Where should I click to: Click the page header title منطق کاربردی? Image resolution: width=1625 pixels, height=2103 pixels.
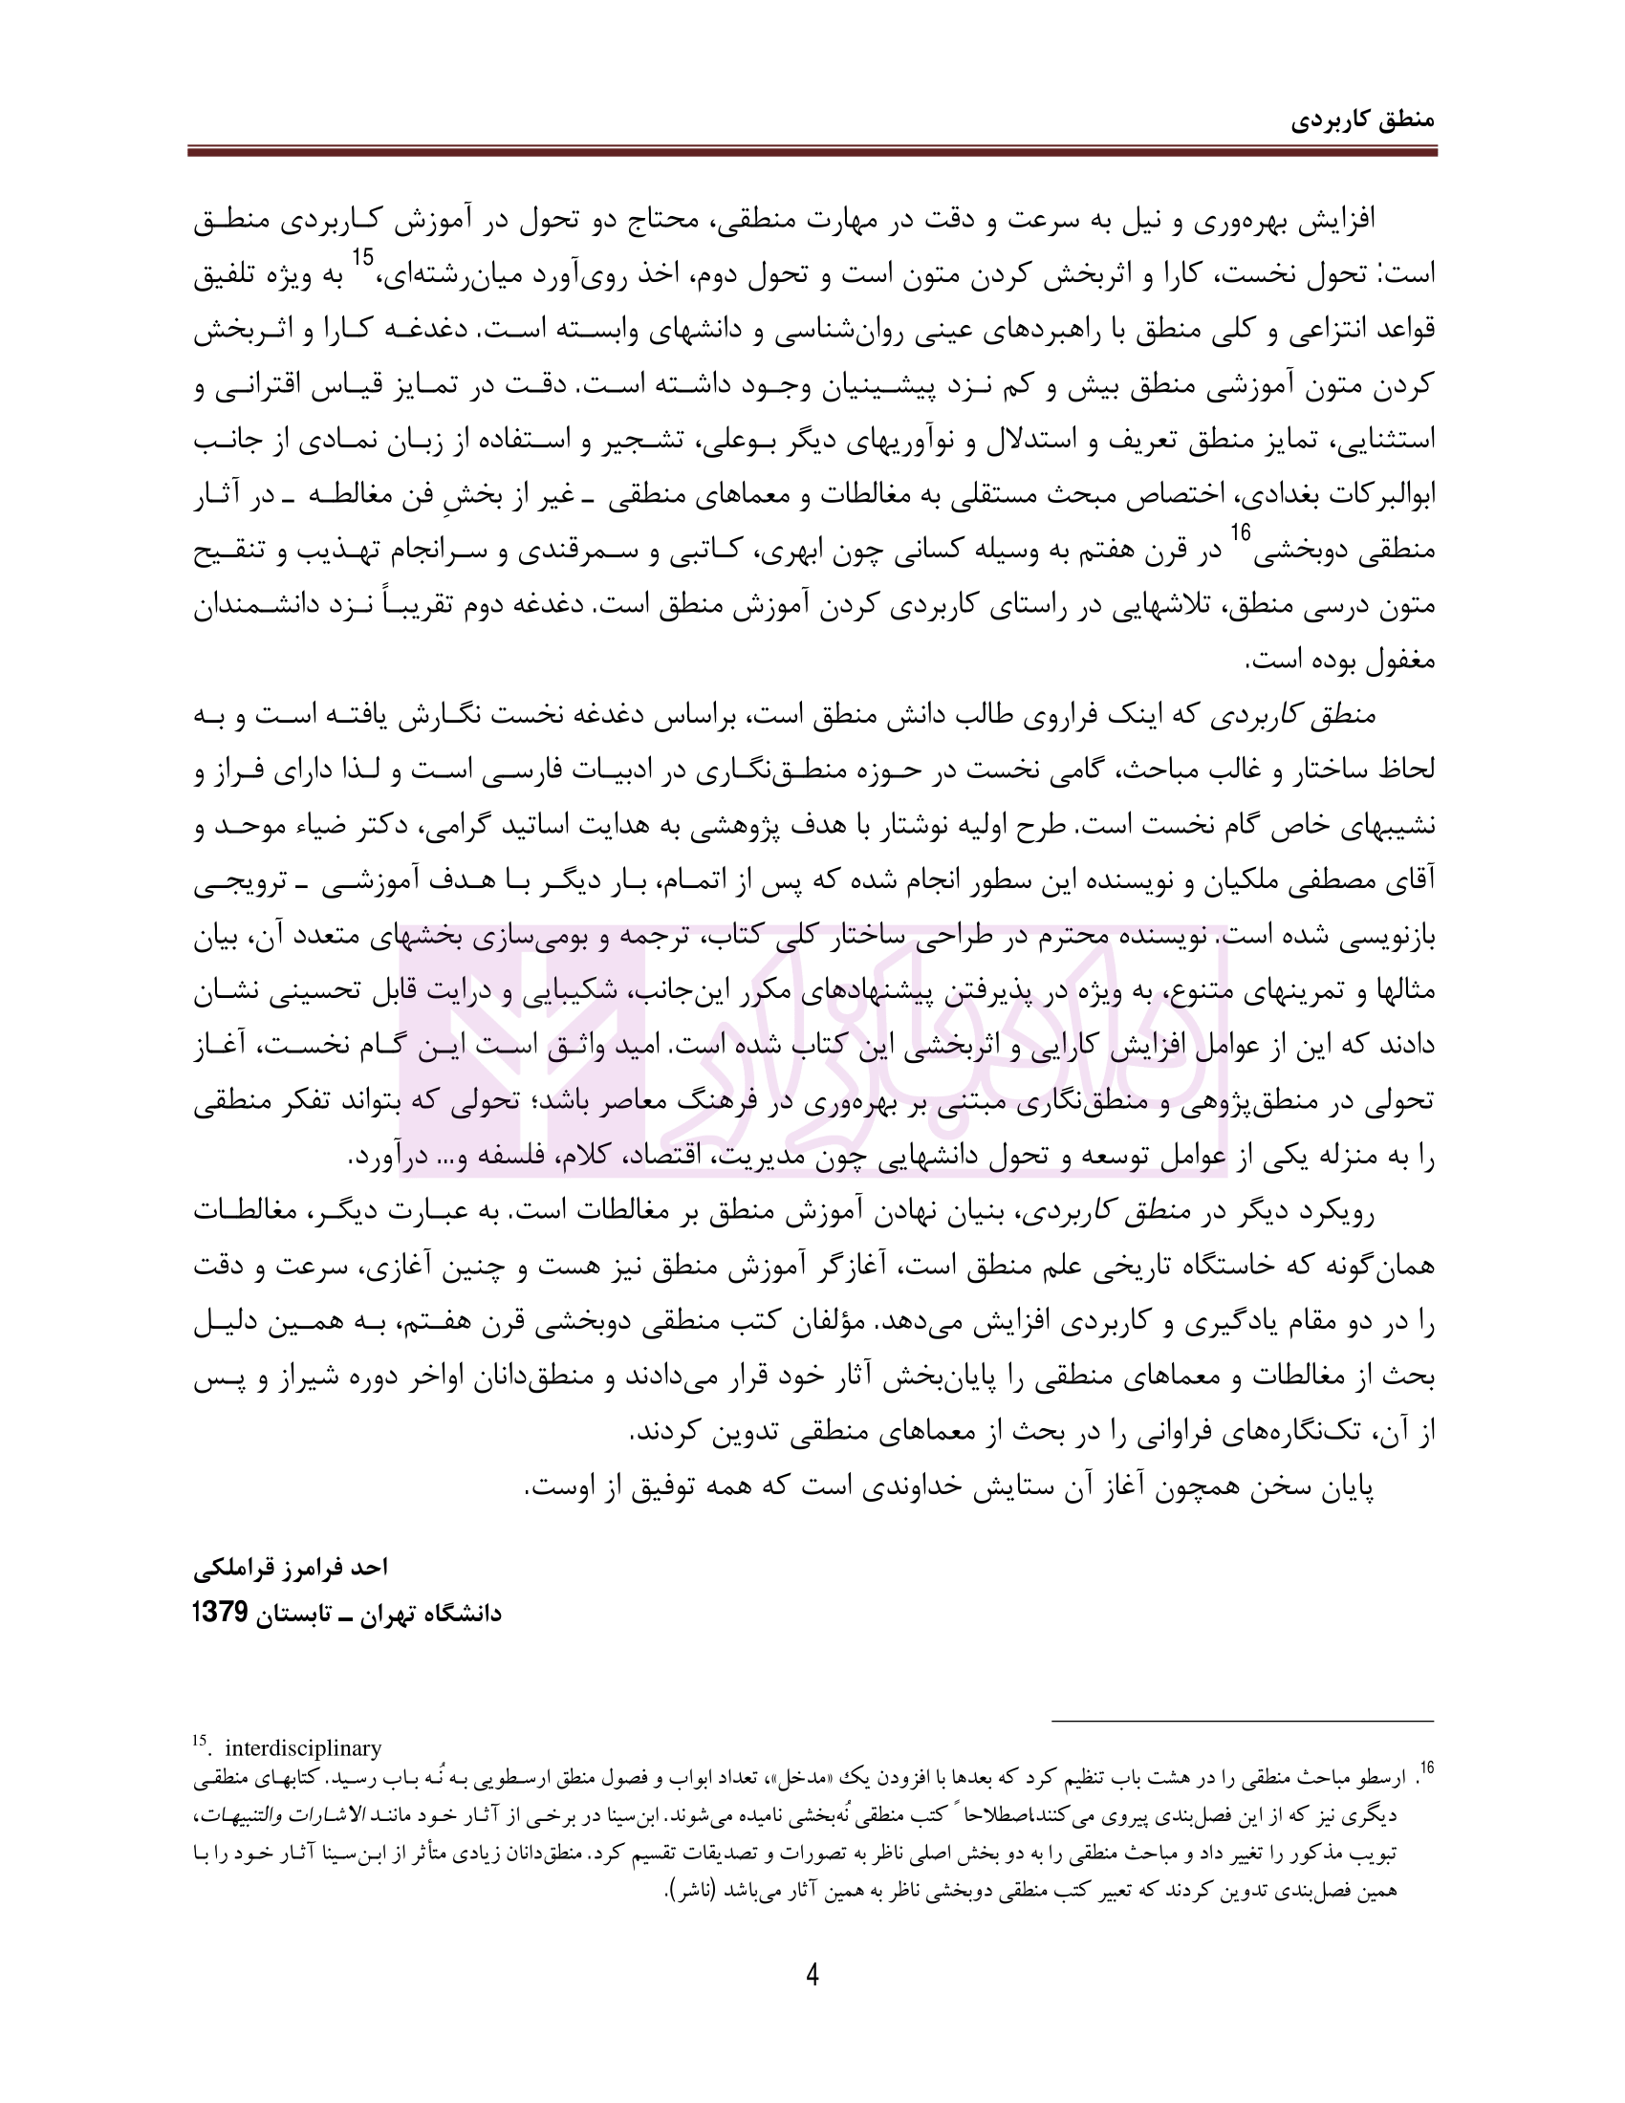click(x=1362, y=120)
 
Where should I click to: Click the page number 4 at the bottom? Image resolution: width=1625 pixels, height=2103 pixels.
click(x=812, y=1976)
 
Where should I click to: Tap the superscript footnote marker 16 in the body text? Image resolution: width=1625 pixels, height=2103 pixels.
click(x=1240, y=532)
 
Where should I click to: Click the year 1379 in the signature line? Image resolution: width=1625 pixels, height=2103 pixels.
click(x=222, y=1612)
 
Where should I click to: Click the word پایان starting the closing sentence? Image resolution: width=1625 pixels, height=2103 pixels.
click(x=1344, y=1487)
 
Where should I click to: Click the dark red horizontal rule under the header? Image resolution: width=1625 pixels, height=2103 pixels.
click(x=812, y=151)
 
